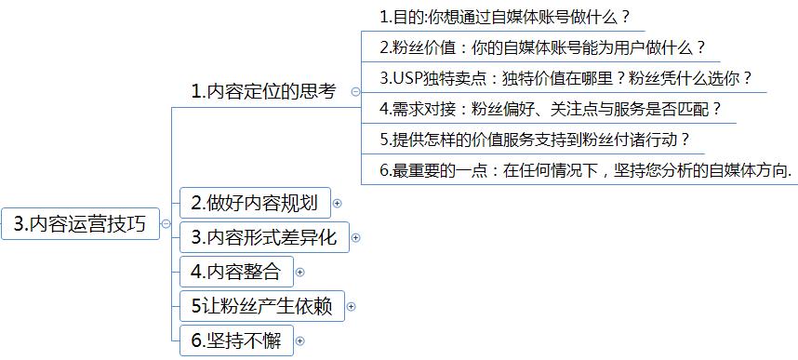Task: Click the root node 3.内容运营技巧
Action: tap(81, 224)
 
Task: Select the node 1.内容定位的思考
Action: tap(263, 91)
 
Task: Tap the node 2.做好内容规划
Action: tap(254, 202)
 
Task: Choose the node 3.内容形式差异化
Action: tap(263, 236)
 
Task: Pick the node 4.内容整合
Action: tap(235, 272)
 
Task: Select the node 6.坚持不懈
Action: tap(235, 340)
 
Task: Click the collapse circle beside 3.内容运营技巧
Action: tap(166, 224)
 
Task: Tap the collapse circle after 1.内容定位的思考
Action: tap(355, 92)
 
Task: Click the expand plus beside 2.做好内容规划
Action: tap(338, 203)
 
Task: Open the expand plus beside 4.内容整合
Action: tap(299, 273)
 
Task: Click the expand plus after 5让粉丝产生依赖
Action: tap(352, 307)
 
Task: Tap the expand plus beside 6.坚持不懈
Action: tap(299, 341)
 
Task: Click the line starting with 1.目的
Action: tap(505, 16)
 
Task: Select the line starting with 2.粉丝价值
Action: tap(543, 47)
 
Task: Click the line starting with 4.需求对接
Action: tap(551, 108)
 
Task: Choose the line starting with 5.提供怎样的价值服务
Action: tap(535, 139)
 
